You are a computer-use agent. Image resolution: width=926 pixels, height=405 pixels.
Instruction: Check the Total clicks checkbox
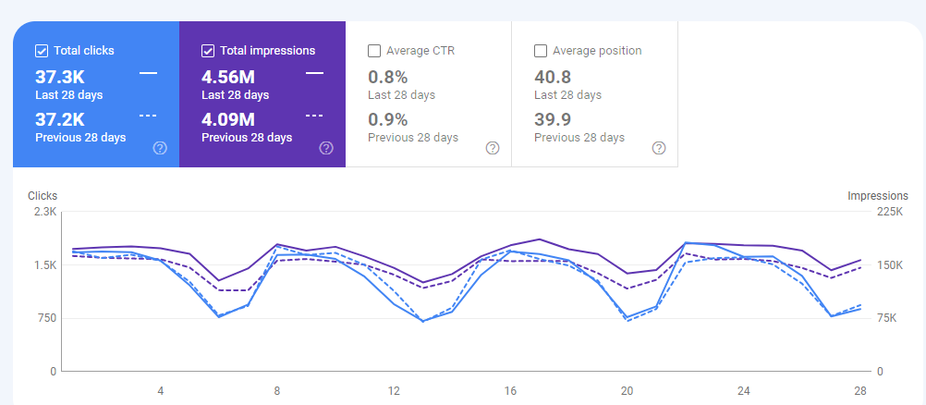(x=42, y=51)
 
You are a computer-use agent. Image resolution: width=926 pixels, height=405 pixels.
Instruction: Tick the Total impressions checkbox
(x=208, y=51)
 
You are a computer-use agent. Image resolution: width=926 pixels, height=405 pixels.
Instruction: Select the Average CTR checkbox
(x=374, y=51)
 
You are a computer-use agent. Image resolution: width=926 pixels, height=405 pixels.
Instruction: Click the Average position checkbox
(x=541, y=51)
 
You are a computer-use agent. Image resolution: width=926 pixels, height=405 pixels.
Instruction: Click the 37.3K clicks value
(x=60, y=76)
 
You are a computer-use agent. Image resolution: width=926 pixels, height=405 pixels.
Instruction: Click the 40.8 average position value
(x=553, y=76)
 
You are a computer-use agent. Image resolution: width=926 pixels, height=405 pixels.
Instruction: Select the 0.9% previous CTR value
(x=388, y=118)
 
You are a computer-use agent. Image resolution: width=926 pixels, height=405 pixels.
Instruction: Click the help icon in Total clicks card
(x=160, y=148)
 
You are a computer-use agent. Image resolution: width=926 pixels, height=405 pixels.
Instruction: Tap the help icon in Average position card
(x=659, y=148)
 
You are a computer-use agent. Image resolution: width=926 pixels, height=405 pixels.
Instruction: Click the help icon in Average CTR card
(x=493, y=148)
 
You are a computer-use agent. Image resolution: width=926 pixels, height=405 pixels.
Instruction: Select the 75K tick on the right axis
(x=886, y=318)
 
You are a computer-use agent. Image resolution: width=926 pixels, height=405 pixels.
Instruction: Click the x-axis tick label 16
(x=510, y=391)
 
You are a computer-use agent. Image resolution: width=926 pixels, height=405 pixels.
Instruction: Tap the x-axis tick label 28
(x=860, y=391)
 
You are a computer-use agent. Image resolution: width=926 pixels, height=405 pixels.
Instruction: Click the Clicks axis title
(x=43, y=196)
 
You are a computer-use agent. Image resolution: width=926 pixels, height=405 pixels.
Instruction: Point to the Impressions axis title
(x=877, y=196)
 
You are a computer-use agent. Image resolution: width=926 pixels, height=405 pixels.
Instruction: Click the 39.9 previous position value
(x=553, y=118)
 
